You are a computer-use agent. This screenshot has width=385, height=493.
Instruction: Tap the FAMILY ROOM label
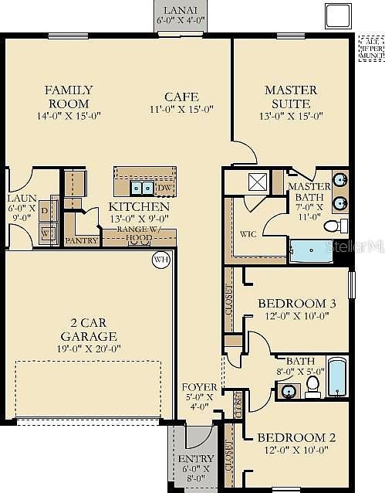click(x=68, y=97)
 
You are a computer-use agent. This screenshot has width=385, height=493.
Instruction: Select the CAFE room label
click(x=181, y=97)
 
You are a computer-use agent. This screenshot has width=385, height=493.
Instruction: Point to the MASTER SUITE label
click(x=286, y=97)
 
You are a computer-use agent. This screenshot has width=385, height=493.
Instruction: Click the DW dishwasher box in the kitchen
click(x=164, y=188)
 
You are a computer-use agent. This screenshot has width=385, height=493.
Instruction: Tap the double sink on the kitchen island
click(x=140, y=188)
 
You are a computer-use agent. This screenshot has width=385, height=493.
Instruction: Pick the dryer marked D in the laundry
click(x=45, y=210)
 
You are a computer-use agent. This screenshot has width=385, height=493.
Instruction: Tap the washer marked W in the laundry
click(x=45, y=232)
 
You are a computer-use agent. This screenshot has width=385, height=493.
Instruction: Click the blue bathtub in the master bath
click(x=312, y=250)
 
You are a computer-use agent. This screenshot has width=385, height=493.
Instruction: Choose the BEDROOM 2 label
click(x=297, y=437)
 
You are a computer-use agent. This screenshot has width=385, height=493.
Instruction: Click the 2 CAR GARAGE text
click(x=89, y=330)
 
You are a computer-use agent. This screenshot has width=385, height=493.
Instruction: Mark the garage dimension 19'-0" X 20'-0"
click(x=89, y=348)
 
